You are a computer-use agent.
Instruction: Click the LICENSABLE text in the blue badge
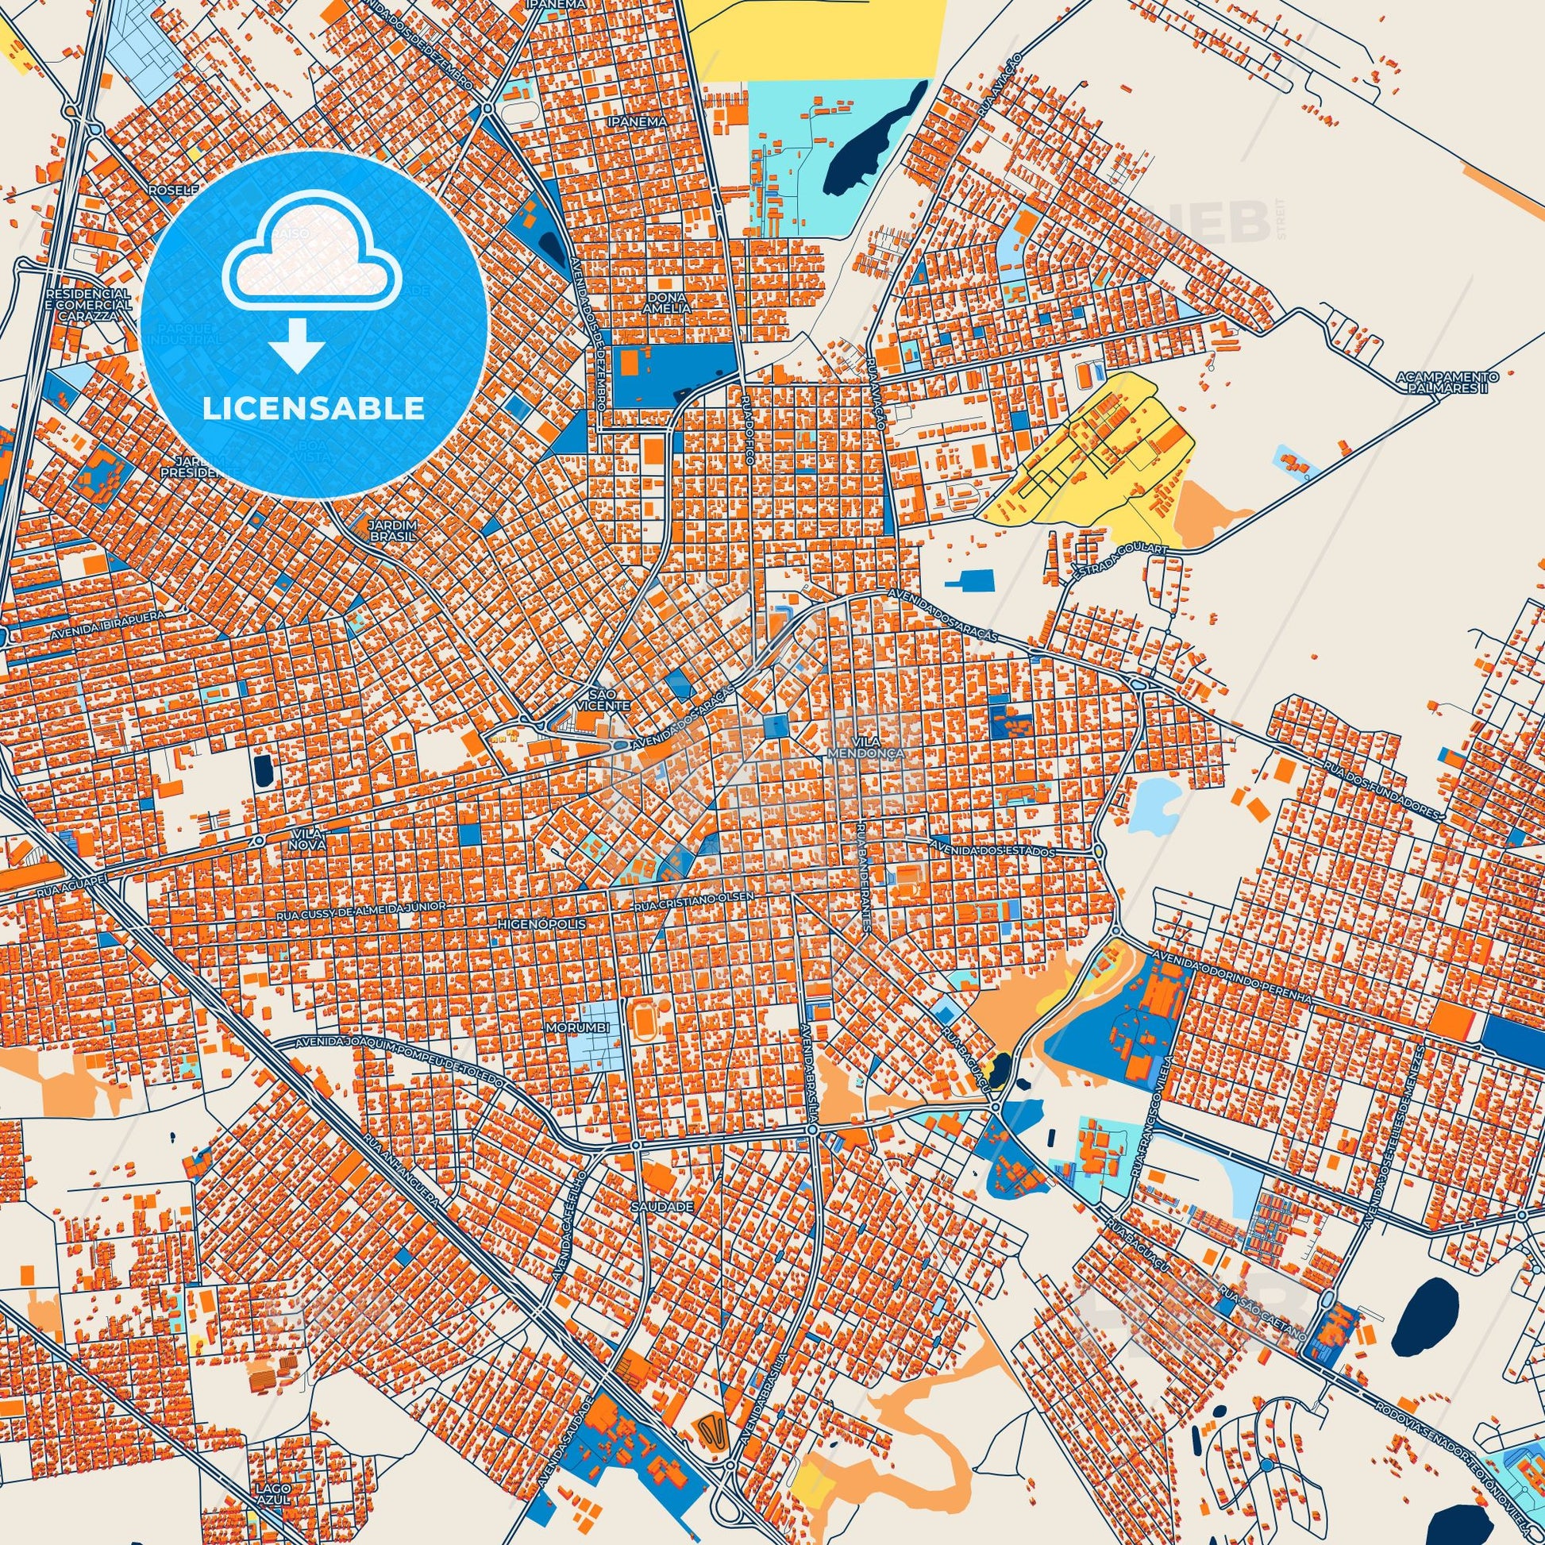click(x=313, y=409)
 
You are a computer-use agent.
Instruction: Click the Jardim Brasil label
click(x=392, y=530)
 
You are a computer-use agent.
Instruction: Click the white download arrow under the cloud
click(x=296, y=345)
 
